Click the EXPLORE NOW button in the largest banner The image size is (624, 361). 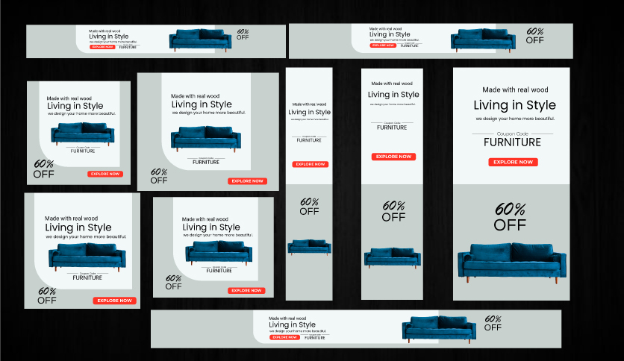click(x=513, y=162)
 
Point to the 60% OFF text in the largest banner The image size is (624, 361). click(x=511, y=216)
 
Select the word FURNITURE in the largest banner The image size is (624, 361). click(x=512, y=142)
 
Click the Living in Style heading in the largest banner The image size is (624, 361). click(x=511, y=105)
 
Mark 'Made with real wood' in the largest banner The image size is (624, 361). click(x=514, y=90)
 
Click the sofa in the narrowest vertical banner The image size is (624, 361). click(x=309, y=247)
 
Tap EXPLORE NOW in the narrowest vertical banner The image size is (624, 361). click(x=310, y=164)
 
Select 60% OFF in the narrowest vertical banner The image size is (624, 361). click(x=309, y=206)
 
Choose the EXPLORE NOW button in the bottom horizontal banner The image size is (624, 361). click(x=284, y=337)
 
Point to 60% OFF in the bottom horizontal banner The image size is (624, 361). click(x=493, y=323)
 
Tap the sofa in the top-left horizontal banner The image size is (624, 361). click(x=199, y=40)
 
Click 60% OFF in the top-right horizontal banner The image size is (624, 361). click(x=534, y=36)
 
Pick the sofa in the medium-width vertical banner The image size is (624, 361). click(x=393, y=257)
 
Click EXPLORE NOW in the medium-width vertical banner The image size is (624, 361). click(x=393, y=157)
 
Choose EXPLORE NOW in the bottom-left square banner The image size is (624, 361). click(x=115, y=301)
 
